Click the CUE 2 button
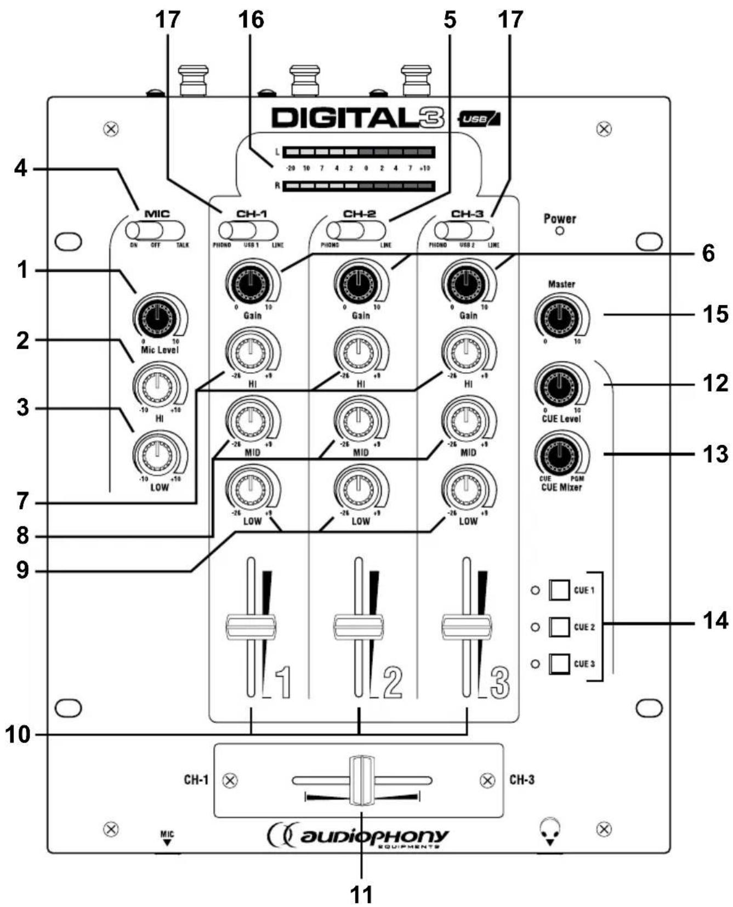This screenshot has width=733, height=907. (x=559, y=627)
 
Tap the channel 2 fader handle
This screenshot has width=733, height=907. (x=359, y=627)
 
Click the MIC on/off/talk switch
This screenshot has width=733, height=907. (x=155, y=231)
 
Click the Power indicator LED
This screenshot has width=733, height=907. (x=560, y=231)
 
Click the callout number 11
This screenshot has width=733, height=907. (x=361, y=894)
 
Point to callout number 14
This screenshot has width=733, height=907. (x=715, y=621)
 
